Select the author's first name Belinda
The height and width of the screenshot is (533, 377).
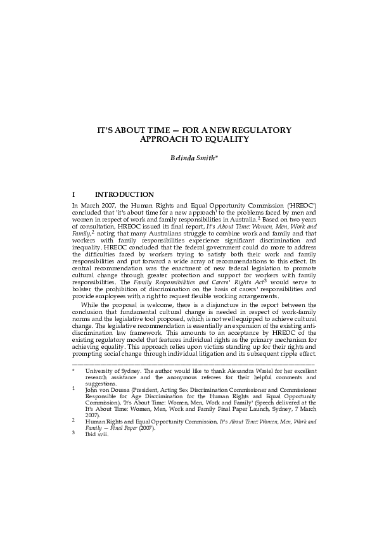pos(183,158)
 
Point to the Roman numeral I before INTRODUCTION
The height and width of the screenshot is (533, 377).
pos(75,194)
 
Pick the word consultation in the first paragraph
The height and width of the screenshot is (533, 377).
pos(97,226)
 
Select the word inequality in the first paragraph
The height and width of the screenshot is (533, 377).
pos(87,247)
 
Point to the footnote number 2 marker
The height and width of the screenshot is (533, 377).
pos(73,419)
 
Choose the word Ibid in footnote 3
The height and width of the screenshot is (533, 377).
pos(92,435)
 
